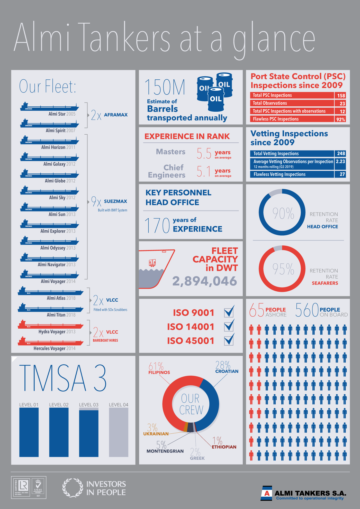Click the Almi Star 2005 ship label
point(62,114)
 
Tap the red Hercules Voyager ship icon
point(50,341)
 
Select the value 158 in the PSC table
point(341,96)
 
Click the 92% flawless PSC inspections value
point(340,119)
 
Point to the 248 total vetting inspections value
point(341,153)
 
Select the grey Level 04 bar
point(119,432)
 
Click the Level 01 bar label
point(29,405)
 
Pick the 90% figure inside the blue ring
point(283,213)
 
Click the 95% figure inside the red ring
point(283,269)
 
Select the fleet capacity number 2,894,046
point(204,281)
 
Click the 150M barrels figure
point(165,87)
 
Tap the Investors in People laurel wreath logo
point(73,488)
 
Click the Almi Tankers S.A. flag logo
point(267,493)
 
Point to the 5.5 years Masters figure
point(204,153)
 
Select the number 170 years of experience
point(157,225)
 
